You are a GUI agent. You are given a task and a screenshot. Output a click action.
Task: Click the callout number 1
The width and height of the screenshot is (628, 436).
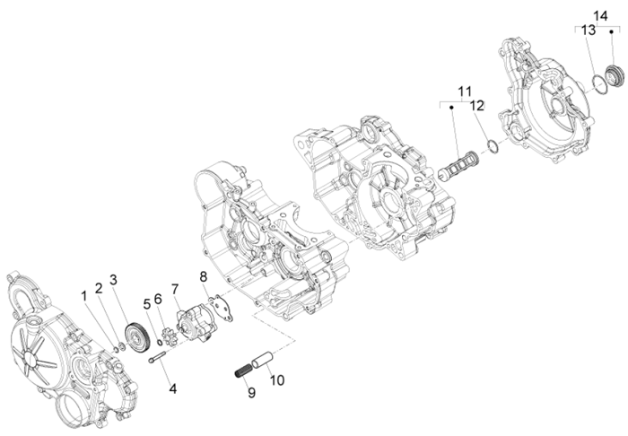click(85, 294)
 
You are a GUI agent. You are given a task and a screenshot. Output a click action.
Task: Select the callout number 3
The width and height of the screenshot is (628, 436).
click(114, 278)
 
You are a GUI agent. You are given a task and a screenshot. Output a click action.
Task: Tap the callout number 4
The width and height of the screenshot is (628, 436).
click(172, 389)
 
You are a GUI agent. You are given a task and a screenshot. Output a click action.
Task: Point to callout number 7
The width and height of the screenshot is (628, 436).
click(176, 289)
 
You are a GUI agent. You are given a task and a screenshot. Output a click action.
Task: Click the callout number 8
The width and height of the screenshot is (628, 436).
click(204, 276)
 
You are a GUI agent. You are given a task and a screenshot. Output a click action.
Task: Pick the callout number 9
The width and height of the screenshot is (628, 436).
click(250, 392)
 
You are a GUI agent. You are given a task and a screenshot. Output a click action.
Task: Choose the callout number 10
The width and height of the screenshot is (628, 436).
click(277, 379)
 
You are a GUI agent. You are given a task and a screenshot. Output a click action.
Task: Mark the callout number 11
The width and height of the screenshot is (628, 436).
click(464, 92)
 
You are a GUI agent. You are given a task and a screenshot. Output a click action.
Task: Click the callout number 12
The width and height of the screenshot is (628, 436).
click(477, 105)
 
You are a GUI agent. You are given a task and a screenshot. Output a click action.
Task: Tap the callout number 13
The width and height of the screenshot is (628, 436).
click(588, 30)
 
